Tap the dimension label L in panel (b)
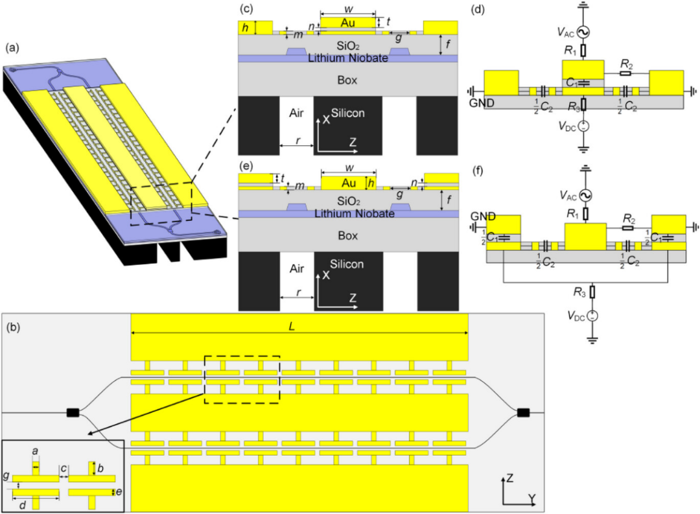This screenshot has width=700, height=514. (299, 322)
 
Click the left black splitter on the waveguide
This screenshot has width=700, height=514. (72, 412)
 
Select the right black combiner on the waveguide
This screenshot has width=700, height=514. (524, 412)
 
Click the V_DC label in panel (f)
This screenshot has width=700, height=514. (574, 316)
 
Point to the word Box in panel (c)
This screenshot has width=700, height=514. (347, 80)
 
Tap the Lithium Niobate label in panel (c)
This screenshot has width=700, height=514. (347, 58)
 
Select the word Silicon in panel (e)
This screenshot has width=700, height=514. (347, 264)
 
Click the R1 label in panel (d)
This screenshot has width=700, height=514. (572, 49)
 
